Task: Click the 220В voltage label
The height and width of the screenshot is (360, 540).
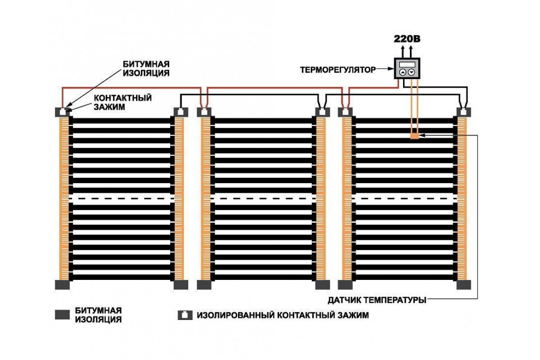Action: tap(407, 39)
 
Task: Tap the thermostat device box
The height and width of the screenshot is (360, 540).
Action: tap(407, 69)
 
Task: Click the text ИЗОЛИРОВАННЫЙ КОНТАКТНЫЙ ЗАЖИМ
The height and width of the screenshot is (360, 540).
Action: tap(283, 315)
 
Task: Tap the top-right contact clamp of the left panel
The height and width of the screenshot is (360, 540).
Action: tap(180, 112)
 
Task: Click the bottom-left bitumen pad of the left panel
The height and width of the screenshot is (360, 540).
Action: tap(63, 284)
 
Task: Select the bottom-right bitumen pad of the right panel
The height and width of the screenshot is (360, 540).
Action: tap(463, 284)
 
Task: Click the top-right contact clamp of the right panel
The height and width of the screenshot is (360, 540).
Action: tap(463, 112)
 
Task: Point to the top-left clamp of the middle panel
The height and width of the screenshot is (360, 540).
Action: tap(205, 112)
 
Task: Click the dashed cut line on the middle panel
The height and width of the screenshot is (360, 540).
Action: tap(263, 198)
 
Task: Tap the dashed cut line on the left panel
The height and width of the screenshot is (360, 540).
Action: tap(121, 198)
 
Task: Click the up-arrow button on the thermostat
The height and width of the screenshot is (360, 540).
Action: tap(403, 72)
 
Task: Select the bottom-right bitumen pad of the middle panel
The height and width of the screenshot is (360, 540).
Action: tap(321, 284)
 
